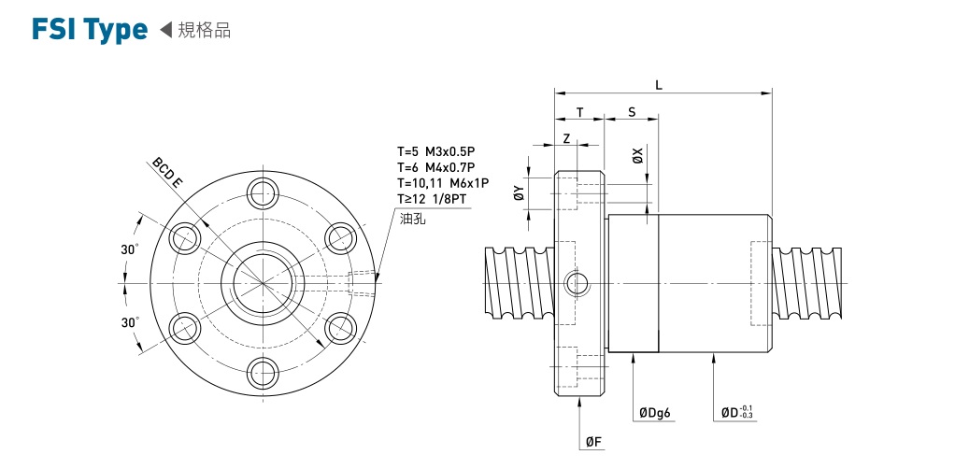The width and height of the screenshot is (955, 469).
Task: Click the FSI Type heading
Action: (x=89, y=30)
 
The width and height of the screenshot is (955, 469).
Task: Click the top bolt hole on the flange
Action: (x=264, y=193)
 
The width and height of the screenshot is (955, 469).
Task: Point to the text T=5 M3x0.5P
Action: (x=436, y=150)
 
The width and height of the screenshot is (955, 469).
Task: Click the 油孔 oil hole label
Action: (x=412, y=220)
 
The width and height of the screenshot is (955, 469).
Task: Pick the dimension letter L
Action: (x=659, y=85)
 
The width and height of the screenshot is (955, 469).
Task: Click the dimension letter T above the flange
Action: (x=579, y=112)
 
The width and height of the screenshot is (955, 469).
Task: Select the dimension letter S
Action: (x=632, y=112)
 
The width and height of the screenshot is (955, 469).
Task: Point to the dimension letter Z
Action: (x=567, y=137)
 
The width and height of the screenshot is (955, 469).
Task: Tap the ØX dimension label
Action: (x=637, y=155)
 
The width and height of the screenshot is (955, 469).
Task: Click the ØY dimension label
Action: (x=519, y=193)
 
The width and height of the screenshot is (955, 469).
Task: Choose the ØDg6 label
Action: (x=656, y=413)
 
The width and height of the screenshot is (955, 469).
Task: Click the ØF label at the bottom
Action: (x=592, y=442)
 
